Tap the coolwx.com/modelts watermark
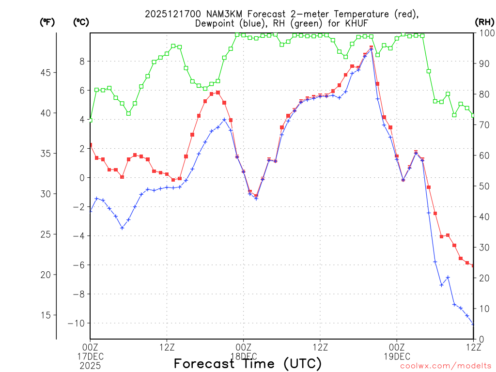tap(445, 366)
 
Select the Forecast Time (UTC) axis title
tap(248, 363)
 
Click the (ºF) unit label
tap(47, 22)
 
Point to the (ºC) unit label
tap(81, 22)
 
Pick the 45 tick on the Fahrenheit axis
tap(47, 73)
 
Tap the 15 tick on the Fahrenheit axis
tap(47, 315)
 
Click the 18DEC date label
tap(243, 356)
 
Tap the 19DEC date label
tap(397, 356)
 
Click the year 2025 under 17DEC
tap(90, 365)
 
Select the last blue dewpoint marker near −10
tap(473, 324)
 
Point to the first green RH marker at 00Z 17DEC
tap(90, 120)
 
